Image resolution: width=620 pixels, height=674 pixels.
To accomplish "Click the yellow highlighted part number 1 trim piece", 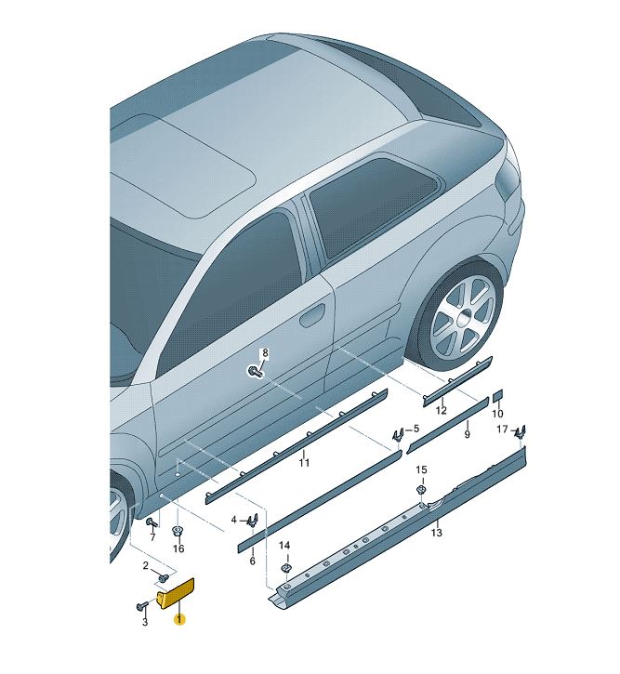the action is coord(176,593).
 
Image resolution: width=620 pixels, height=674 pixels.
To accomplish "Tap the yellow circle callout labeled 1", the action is coord(179,619).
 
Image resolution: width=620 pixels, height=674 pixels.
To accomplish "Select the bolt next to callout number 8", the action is coord(254,371).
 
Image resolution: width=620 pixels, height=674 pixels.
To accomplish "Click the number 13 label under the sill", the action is coord(436,533).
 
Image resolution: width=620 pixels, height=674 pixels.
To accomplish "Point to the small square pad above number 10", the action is coord(497,394).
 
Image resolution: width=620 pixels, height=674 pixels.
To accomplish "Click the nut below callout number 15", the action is coord(421,490).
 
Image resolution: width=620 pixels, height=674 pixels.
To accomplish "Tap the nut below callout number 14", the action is coord(284,567).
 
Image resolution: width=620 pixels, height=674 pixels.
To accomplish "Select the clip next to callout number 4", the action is coord(253,521).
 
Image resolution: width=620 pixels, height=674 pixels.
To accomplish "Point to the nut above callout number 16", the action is coord(178,532).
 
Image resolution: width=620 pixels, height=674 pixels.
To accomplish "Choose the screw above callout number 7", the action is coord(152,522).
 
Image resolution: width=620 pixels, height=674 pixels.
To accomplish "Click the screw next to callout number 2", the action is coord(163,578).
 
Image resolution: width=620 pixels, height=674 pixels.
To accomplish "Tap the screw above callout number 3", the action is coord(141,606).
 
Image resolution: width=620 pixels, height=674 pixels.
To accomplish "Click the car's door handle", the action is coord(313,315).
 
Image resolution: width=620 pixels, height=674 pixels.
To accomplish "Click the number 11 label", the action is coord(304,463).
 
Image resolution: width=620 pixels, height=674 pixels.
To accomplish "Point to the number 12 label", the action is coord(441,410).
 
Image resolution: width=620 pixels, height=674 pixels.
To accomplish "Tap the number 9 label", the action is coord(467,434).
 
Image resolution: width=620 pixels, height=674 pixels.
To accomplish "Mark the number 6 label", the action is coord(252,561).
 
